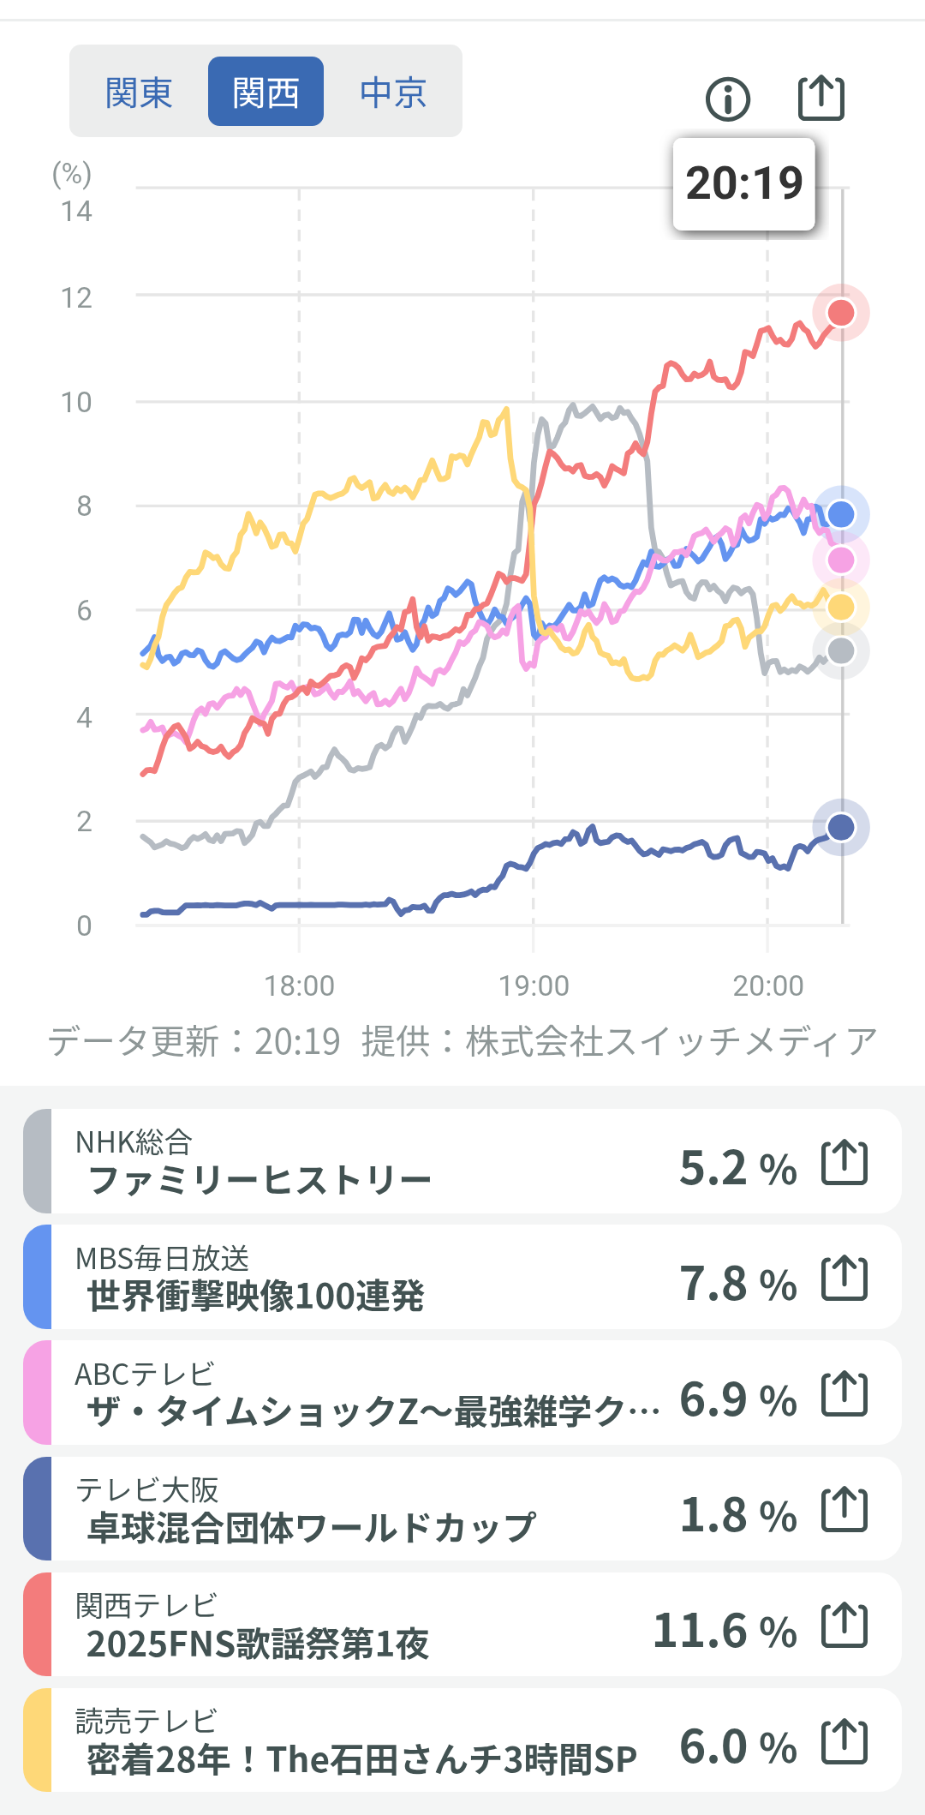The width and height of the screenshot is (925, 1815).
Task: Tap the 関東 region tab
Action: [139, 92]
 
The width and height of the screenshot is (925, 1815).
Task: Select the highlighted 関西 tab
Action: [266, 92]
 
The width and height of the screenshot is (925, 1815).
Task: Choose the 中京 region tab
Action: [393, 92]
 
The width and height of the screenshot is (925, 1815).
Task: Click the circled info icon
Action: [728, 99]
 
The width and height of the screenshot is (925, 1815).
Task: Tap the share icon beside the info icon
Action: [821, 98]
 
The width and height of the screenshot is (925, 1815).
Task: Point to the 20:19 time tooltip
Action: [743, 183]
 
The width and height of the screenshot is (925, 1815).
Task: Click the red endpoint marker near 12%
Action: [841, 313]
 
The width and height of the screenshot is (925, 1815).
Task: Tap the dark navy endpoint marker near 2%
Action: [841, 827]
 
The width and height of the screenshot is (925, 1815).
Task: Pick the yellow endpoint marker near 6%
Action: [841, 607]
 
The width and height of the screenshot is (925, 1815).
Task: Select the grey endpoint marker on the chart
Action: [841, 651]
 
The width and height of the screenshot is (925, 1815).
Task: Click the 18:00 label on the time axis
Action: [299, 985]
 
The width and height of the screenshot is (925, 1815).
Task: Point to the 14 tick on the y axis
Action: [76, 211]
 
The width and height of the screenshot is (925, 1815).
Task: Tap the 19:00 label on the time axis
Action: [534, 985]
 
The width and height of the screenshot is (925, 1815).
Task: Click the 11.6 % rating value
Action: [725, 1630]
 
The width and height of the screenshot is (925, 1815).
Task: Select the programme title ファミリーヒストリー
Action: [260, 1180]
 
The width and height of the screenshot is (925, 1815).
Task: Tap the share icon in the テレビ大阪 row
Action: [844, 1510]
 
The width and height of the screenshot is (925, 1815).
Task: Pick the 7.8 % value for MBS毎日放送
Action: [738, 1283]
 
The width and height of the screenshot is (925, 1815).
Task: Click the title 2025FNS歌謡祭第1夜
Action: [258, 1644]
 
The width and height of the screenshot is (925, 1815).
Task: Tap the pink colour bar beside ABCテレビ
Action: [38, 1393]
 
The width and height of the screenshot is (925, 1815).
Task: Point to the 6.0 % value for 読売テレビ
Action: [738, 1746]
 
